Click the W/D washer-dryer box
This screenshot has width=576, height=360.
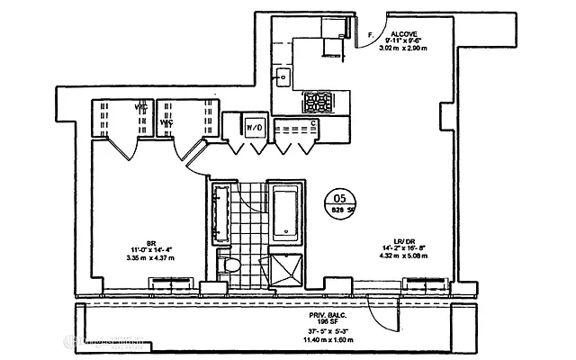click(x=254, y=129)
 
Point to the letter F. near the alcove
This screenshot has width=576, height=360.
click(x=371, y=35)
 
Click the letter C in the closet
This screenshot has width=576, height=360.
click(x=312, y=123)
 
